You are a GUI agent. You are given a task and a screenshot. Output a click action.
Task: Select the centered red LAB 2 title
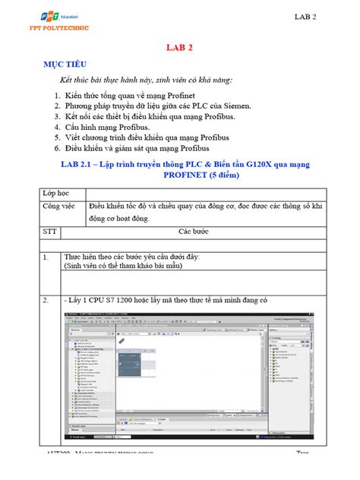[180, 47]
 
